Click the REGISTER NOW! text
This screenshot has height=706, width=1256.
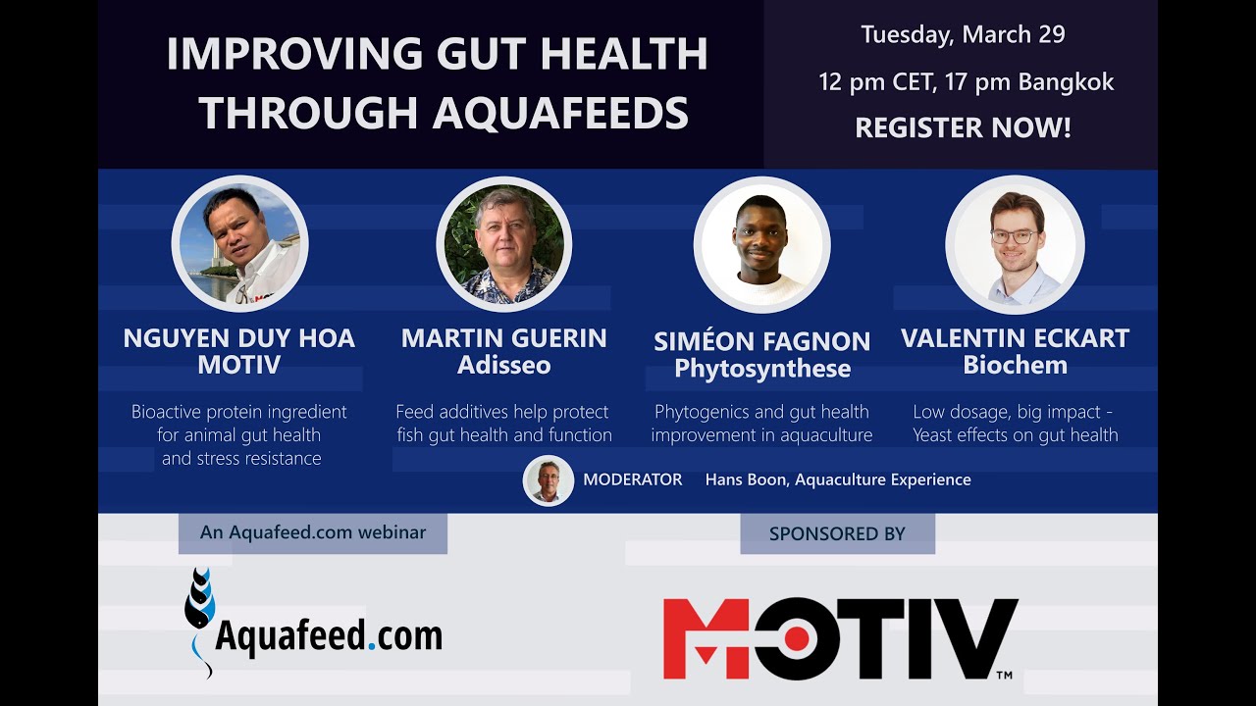coord(963,127)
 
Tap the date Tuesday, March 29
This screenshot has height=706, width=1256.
coord(963,35)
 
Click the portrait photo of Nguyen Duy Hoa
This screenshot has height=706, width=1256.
coord(240,244)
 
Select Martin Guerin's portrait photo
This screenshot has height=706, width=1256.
coord(504,244)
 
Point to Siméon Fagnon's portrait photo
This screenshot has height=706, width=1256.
coord(761,244)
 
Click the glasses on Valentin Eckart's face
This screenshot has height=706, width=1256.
coord(1014,236)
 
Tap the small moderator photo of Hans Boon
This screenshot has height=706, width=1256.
coord(548,480)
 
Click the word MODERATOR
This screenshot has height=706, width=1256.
coord(632,479)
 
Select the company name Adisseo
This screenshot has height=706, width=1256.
coord(504,366)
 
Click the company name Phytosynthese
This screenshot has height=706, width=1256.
coord(761,369)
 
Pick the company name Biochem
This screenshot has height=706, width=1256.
coord(1015,366)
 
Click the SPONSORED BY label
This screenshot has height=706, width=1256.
coord(837,534)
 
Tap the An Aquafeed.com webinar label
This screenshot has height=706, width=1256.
coord(312,532)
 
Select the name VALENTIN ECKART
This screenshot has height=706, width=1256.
coord(1015,339)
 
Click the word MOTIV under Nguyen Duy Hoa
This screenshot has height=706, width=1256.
coord(238,366)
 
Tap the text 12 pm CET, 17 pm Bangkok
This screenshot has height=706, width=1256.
coord(966,82)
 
